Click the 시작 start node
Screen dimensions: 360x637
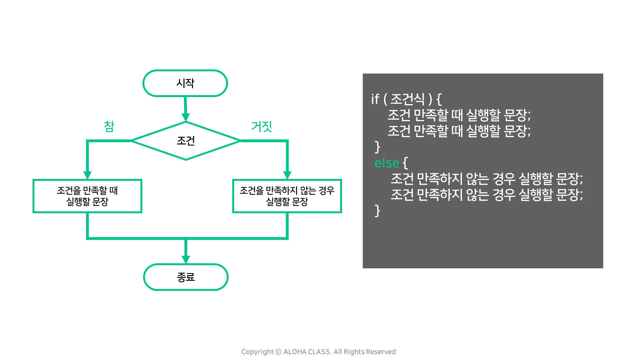click(185, 83)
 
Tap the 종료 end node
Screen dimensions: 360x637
click(186, 277)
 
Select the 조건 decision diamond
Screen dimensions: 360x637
click(186, 140)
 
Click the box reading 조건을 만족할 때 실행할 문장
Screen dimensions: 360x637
click(87, 196)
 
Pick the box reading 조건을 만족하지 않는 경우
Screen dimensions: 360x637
click(287, 196)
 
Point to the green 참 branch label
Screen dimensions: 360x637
click(109, 126)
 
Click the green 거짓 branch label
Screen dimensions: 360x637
click(261, 126)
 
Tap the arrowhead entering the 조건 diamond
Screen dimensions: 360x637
click(186, 116)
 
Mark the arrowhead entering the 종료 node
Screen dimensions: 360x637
click(186, 258)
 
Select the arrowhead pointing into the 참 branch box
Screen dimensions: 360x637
click(87, 174)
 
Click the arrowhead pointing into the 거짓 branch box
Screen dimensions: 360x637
click(288, 174)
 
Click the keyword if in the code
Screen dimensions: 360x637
click(375, 99)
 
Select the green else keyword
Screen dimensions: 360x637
click(387, 163)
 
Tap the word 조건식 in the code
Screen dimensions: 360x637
click(407, 99)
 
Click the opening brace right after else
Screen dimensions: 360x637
click(405, 163)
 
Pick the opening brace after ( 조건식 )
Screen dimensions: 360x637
click(439, 99)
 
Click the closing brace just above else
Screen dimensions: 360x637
click(377, 147)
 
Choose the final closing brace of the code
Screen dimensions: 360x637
click(377, 211)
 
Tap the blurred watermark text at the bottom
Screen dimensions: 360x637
click(318, 352)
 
